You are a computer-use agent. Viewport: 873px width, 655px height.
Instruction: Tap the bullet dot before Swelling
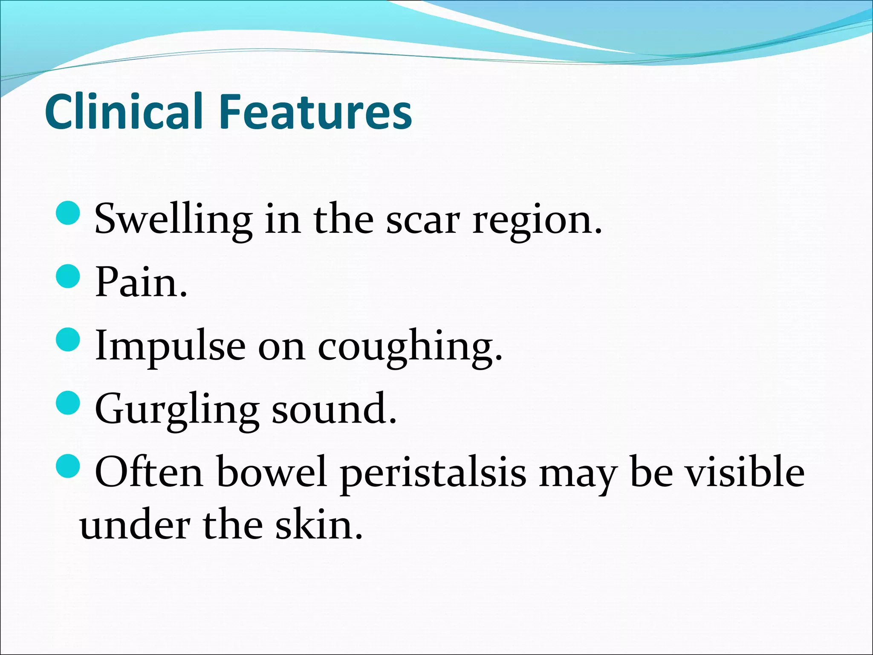click(x=68, y=213)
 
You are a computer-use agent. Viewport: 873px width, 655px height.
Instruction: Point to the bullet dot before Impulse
click(x=68, y=339)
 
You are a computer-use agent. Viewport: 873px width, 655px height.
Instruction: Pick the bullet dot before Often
click(x=68, y=466)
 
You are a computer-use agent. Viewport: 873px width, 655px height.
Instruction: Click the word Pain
click(x=141, y=282)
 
